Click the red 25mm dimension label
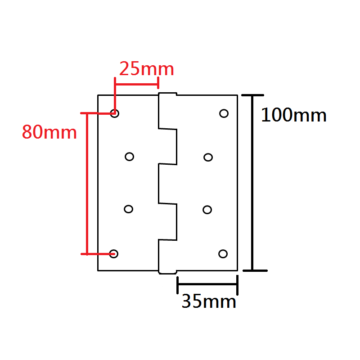point(146,69)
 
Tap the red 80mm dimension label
point(49,132)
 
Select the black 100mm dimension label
point(294,116)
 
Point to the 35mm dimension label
point(209,301)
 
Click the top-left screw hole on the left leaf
point(115,113)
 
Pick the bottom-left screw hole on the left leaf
point(114,254)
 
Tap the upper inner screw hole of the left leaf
point(130,157)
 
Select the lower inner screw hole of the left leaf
point(129,209)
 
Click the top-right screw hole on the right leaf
point(224,113)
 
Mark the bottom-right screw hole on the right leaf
point(223,254)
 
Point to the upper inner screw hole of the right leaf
point(208,157)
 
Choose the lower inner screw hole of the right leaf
point(207,209)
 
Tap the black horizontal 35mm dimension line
point(207,284)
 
